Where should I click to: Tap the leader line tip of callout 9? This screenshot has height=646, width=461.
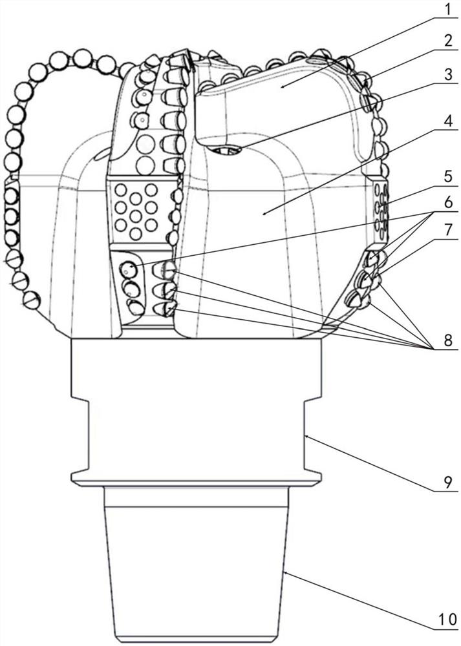pos(306,437)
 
